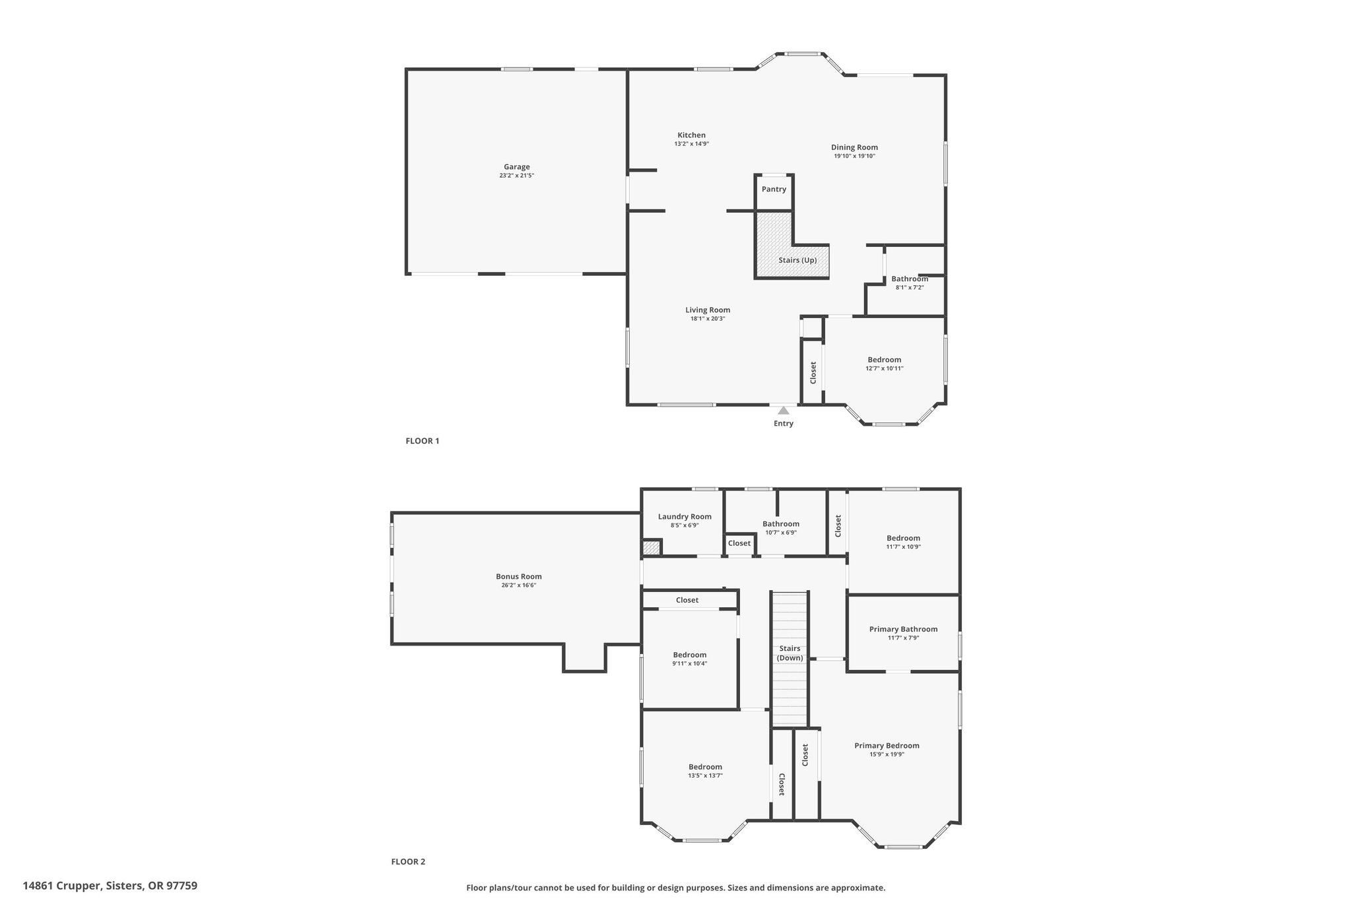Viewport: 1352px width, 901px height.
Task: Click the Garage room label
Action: click(x=517, y=167)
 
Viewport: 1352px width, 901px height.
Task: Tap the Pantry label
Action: click(x=774, y=189)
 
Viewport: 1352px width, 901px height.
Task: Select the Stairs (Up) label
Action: click(x=797, y=260)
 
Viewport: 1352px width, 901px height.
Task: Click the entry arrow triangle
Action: click(x=784, y=410)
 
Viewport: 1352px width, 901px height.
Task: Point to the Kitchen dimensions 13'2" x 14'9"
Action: click(x=692, y=144)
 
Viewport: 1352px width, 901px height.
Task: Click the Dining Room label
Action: click(x=854, y=147)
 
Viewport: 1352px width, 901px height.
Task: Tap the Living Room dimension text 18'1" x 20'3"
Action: click(x=708, y=319)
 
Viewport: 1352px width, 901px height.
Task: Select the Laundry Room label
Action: click(x=685, y=517)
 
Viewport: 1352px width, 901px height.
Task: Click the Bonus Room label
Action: click(x=519, y=576)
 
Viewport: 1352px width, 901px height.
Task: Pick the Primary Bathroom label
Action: click(x=903, y=629)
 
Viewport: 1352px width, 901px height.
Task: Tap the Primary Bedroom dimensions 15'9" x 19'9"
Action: click(x=887, y=754)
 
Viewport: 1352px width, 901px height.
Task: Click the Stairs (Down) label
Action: click(x=790, y=653)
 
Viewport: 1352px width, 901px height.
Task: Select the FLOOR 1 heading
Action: click(x=422, y=441)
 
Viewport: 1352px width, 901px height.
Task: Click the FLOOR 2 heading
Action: click(x=409, y=861)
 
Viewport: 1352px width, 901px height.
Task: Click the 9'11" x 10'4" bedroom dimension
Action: click(x=690, y=663)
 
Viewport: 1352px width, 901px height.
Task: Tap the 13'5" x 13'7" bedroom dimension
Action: click(x=705, y=776)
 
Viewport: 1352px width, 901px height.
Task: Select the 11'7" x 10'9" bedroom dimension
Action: click(x=903, y=547)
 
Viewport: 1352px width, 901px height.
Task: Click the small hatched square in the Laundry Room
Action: click(x=652, y=548)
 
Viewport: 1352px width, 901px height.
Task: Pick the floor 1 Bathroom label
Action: click(x=910, y=279)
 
